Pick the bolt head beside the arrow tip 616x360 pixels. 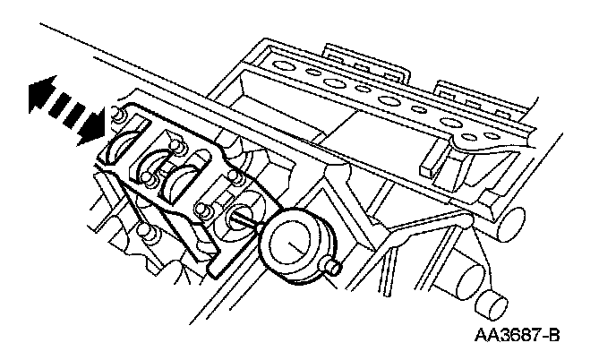pos(115,115)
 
